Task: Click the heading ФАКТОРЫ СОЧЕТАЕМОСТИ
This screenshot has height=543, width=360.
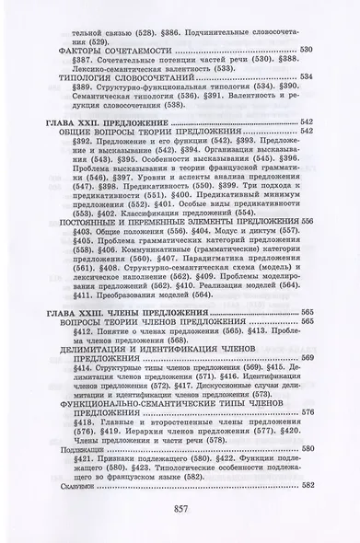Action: (110, 47)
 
